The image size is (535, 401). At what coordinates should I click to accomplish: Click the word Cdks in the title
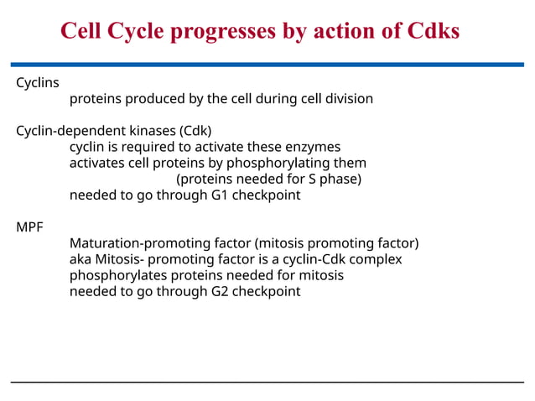[426, 31]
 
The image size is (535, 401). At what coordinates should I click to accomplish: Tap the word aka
[81, 259]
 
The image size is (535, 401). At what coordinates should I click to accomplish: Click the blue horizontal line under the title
[267, 64]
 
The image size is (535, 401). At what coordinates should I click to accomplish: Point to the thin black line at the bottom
[267, 383]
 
